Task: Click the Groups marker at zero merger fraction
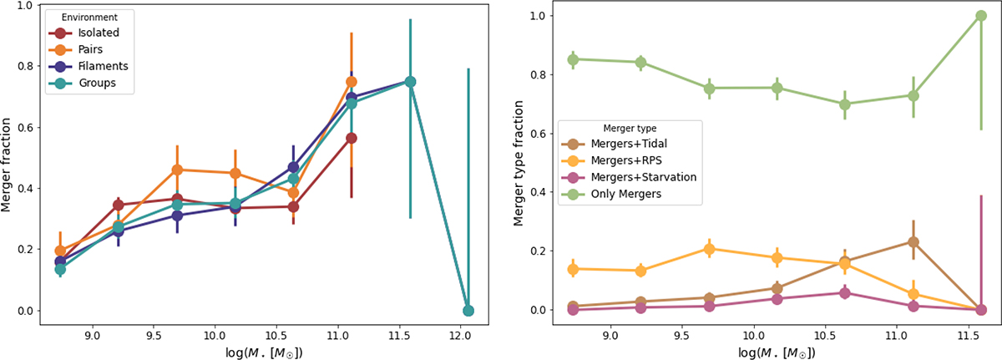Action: click(x=468, y=311)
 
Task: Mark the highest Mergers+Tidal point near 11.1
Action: click(x=913, y=242)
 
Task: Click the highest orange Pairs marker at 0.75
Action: click(x=352, y=82)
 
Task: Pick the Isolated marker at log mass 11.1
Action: click(x=352, y=139)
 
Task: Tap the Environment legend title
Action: click(x=71, y=17)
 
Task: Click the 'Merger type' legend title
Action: click(x=628, y=128)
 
